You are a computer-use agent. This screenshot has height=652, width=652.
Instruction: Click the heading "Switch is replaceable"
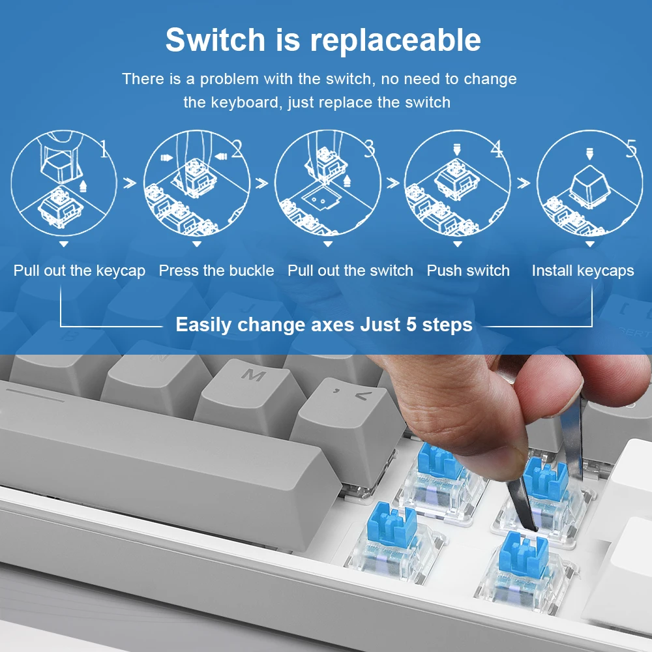coord(323,40)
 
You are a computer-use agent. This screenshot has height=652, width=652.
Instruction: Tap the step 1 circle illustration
coord(64,183)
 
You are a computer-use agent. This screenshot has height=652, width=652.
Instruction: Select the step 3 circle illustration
coord(328,183)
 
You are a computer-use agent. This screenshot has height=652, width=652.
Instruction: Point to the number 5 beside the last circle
coord(631,149)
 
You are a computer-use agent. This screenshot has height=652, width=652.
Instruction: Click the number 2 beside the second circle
coord(237,149)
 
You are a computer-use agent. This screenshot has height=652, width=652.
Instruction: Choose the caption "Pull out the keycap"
coord(80,271)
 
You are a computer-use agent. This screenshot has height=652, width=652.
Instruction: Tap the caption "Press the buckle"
coord(216,271)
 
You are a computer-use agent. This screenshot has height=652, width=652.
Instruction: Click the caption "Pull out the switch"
coord(350,271)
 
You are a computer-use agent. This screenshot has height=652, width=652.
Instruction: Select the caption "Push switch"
coord(468,271)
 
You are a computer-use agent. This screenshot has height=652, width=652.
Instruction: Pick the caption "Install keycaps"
coord(583,271)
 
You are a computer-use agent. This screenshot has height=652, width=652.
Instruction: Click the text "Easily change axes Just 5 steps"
coord(324,324)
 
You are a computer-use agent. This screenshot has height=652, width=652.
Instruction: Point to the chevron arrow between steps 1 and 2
coord(130,183)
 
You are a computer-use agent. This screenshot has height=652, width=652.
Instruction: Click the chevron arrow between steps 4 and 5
coord(524,183)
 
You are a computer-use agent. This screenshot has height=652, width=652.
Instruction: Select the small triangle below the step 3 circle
coord(328,244)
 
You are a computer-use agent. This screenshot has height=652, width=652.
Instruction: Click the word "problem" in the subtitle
coord(229,79)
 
